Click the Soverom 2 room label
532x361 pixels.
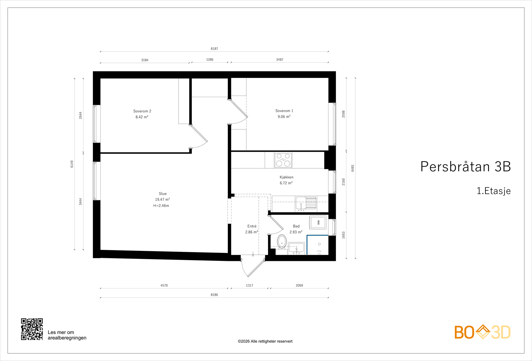tap(142, 111)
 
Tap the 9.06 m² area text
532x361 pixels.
tap(284, 117)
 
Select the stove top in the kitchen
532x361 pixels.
tap(283, 160)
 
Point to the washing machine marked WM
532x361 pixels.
tap(318, 222)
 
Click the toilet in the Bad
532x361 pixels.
tap(282, 242)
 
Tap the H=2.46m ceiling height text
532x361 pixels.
tap(161, 206)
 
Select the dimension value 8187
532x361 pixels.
tap(214, 49)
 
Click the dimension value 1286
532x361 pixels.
tap(209, 60)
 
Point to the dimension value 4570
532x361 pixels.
tap(164, 285)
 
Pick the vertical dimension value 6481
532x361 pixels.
tap(353, 168)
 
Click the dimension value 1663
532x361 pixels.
tap(343, 235)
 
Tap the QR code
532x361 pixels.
tap(32, 329)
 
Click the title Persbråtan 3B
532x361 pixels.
tap(465, 167)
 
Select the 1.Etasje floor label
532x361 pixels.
tap(493, 191)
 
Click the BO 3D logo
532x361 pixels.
tap(482, 332)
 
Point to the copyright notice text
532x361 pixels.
tap(265, 341)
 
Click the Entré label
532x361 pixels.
tap(252, 226)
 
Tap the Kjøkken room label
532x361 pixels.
tap(286, 177)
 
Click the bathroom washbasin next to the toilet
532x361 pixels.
tap(296, 248)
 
